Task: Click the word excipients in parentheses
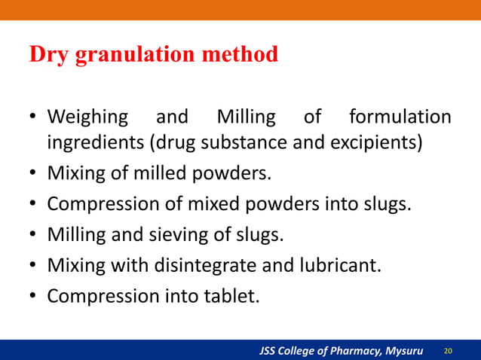377,143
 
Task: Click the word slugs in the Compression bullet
389,205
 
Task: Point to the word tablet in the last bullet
232,296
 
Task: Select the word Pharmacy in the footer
345,351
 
